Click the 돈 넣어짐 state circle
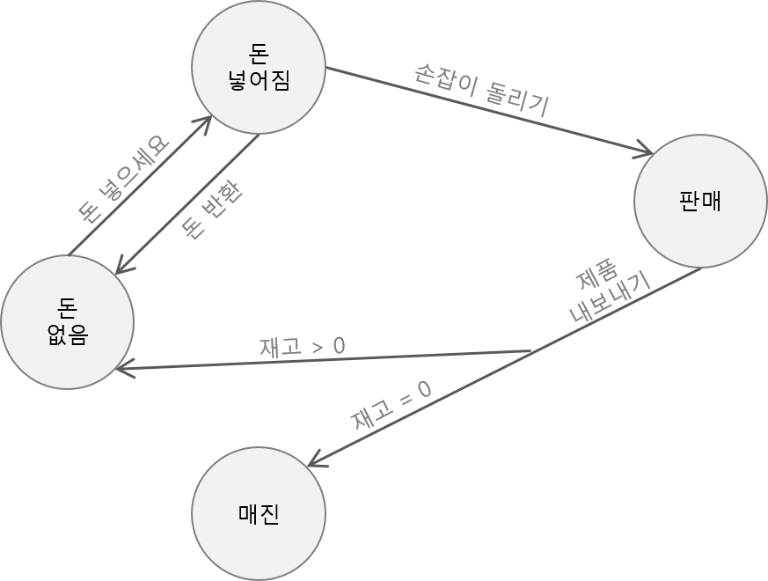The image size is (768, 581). click(259, 69)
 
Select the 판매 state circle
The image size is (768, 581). click(700, 201)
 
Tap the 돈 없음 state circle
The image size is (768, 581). click(67, 321)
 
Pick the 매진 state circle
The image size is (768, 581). click(259, 514)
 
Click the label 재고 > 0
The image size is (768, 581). click(302, 346)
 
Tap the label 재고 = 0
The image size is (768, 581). click(391, 406)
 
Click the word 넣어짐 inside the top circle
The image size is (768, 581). click(259, 81)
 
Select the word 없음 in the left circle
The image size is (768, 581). click(67, 335)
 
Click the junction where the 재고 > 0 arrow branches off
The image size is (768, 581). click(531, 351)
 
